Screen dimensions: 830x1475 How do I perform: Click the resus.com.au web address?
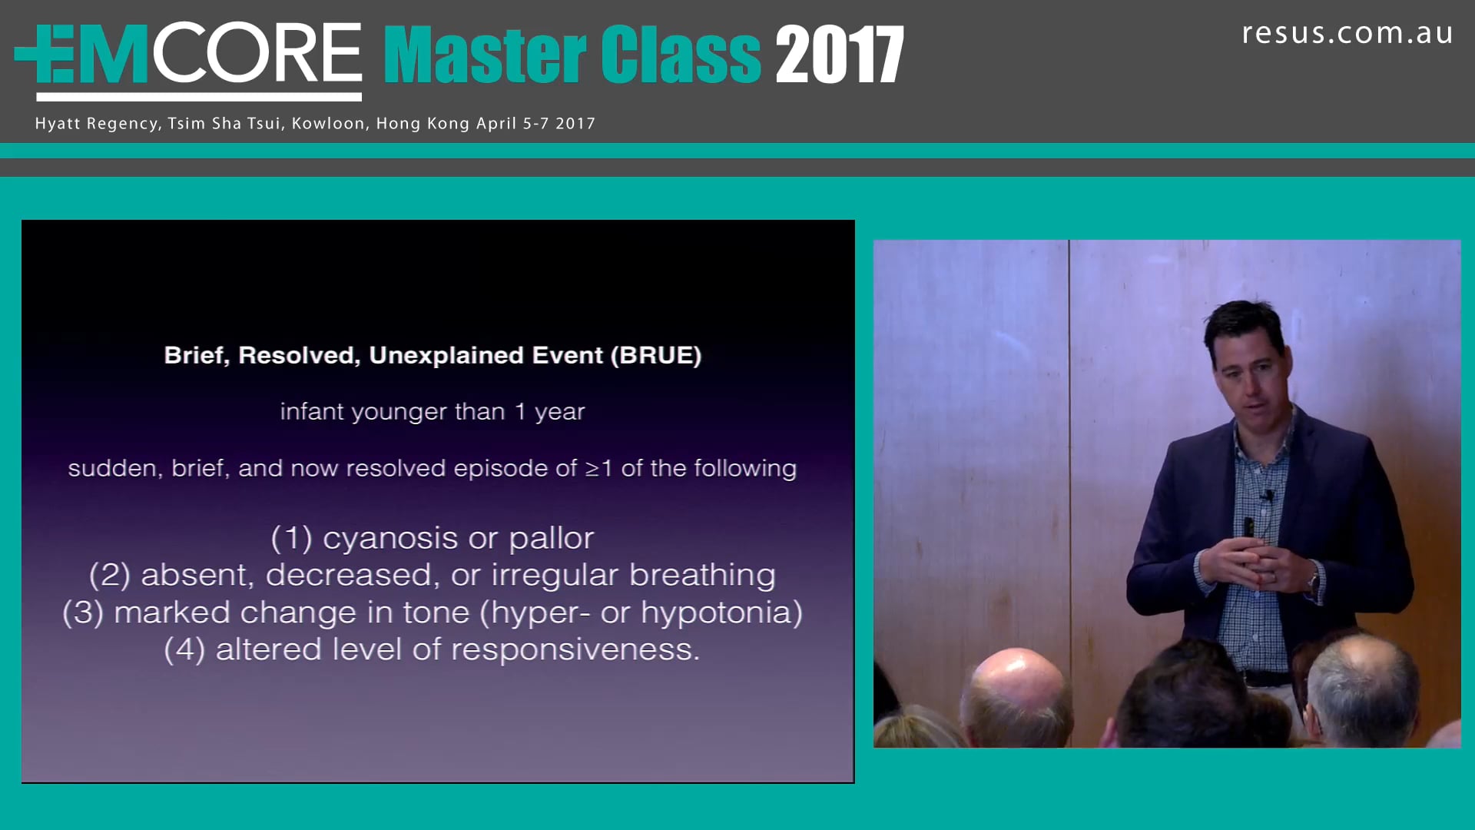coord(1347,34)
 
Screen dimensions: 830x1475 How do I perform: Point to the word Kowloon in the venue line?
coord(328,124)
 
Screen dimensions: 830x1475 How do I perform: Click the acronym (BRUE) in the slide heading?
coord(656,355)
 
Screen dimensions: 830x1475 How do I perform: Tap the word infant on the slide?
coord(311,412)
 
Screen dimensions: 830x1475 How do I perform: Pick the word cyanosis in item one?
coord(390,539)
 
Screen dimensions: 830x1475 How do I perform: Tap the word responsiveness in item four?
coord(575,650)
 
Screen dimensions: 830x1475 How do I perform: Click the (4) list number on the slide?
coord(184,650)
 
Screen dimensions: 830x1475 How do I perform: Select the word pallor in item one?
coord(551,539)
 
